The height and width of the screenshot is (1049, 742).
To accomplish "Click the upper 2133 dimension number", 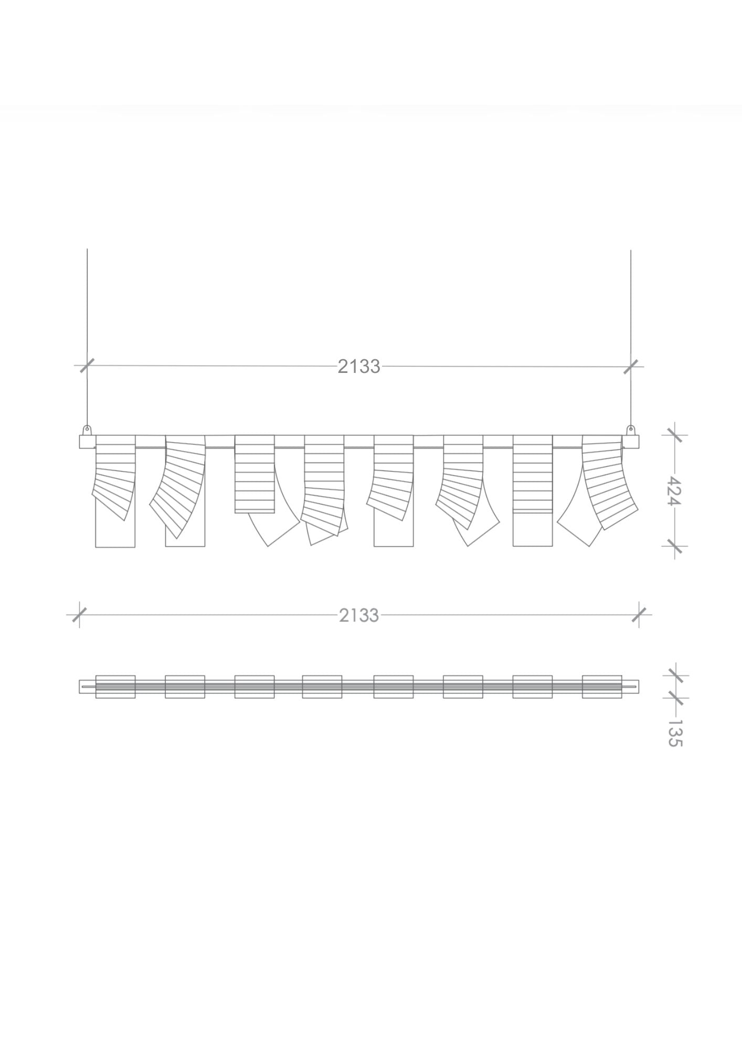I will click(x=358, y=366).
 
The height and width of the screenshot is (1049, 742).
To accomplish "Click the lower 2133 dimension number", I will click(x=358, y=615).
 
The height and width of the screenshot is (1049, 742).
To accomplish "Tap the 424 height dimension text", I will click(x=673, y=491).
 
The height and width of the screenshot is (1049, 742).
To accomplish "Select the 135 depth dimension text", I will click(x=674, y=733).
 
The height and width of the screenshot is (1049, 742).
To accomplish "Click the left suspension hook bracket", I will click(x=87, y=430).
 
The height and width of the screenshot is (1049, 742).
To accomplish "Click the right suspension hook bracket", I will click(x=631, y=430).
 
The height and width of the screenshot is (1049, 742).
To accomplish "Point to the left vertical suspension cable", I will click(x=87, y=315).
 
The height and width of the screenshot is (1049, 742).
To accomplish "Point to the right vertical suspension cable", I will click(x=631, y=315).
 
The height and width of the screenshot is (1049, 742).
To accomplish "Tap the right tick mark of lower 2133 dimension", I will click(x=639, y=615).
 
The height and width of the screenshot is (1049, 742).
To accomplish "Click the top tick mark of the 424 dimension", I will click(x=674, y=435).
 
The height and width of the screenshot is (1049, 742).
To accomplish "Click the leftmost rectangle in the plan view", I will click(x=115, y=687).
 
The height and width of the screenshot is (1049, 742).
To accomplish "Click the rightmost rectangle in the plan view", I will click(x=602, y=687).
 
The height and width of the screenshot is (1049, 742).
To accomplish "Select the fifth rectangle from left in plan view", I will click(x=394, y=687).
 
